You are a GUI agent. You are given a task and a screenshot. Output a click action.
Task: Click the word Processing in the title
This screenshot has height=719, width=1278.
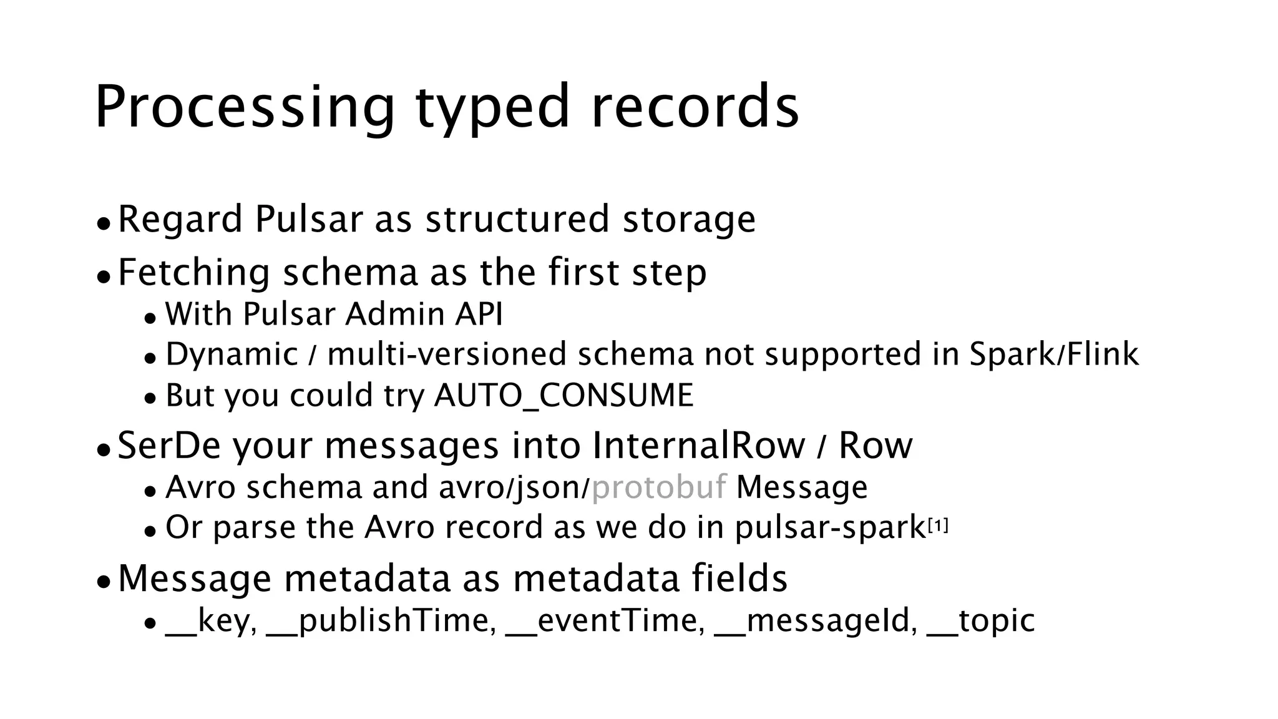(x=245, y=107)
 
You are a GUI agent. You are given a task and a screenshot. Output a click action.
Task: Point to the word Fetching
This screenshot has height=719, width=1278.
(x=194, y=273)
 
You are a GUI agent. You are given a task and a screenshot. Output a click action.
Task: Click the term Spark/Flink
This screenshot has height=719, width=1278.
(x=1054, y=354)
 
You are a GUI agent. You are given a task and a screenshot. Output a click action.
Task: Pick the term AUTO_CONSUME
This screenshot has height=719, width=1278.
(x=563, y=396)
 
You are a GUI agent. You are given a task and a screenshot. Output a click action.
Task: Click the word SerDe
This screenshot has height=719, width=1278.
(x=169, y=446)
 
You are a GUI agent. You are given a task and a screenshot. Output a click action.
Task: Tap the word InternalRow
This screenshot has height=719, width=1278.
(x=698, y=446)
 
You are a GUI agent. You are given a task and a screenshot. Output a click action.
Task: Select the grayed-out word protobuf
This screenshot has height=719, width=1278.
(x=659, y=487)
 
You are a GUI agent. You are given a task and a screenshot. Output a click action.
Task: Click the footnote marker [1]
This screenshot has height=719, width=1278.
(x=938, y=527)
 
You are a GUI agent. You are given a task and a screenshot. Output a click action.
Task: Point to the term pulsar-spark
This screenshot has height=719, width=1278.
(x=830, y=528)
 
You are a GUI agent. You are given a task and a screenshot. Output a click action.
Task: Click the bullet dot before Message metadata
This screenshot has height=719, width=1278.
(x=104, y=582)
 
